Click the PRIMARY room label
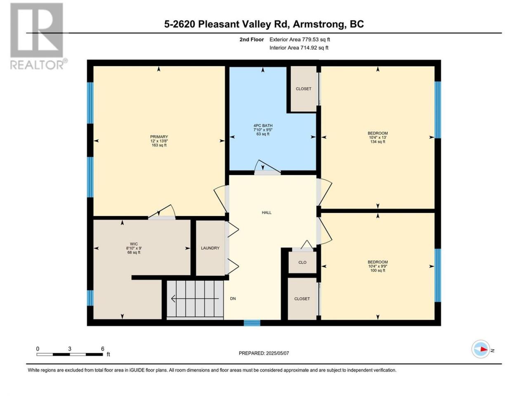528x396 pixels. tap(159, 137)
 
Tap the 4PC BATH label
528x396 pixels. tap(263, 125)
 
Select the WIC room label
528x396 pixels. tap(134, 244)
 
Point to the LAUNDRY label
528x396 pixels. tap(210, 248)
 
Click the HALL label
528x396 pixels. tap(266, 212)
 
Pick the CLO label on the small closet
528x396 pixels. tap(302, 262)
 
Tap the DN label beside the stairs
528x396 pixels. tap(233, 299)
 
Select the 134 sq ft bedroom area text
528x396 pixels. tap(378, 141)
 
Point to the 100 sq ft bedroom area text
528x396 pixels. tap(378, 270)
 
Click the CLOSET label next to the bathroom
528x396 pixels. tap(304, 89)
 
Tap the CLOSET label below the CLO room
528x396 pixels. tap(302, 299)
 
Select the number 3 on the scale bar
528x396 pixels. tap(70, 349)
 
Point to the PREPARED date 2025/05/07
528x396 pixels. tap(277, 353)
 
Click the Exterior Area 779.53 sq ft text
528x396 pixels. tap(300, 40)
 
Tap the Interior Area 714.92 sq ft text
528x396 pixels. tap(299, 47)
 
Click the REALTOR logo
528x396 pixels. tap(38, 36)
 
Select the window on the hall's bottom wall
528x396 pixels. tap(252, 323)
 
